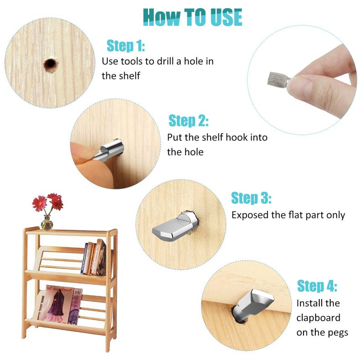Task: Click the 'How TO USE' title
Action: (192, 17)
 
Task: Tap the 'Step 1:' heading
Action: (126, 45)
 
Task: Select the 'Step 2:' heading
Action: (188, 121)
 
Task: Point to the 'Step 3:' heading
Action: (251, 198)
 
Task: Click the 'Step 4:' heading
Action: (317, 286)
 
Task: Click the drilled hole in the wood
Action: (51, 65)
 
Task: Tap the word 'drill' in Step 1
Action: (165, 61)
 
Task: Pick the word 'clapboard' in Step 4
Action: (318, 318)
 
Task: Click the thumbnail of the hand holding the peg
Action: (302, 80)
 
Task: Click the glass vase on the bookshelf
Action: (47, 222)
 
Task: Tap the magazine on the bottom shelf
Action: (61, 304)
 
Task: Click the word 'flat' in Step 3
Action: (295, 215)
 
